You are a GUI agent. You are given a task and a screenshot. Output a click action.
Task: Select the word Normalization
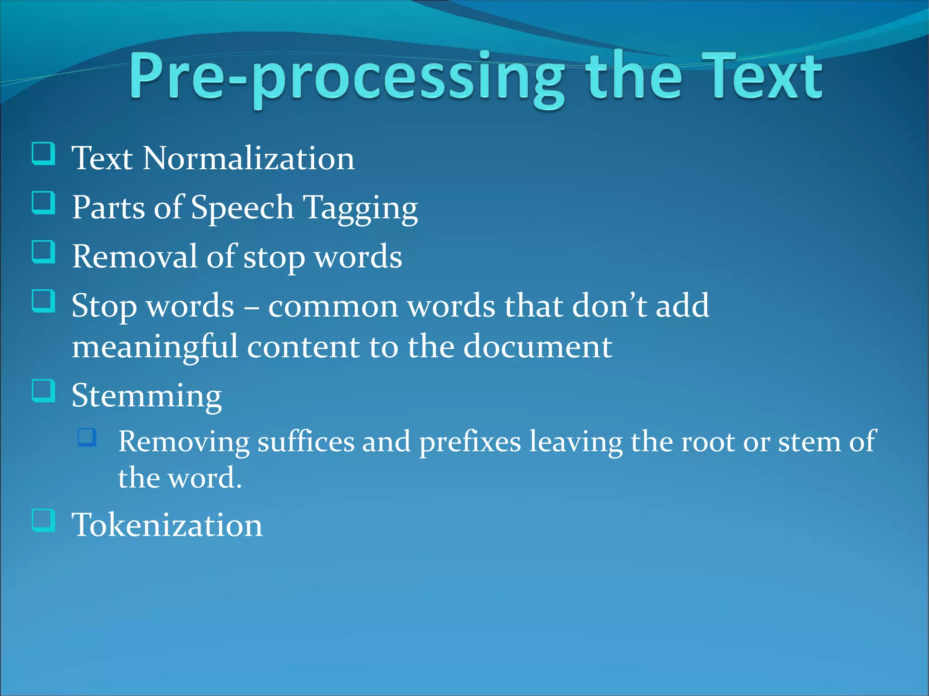pyautogui.click(x=248, y=159)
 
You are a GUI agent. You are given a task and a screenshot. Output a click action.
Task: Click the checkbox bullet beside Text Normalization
pyautogui.click(x=44, y=154)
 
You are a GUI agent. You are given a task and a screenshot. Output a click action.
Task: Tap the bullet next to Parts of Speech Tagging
pyautogui.click(x=44, y=203)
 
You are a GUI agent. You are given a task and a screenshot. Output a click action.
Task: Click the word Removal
pyautogui.click(x=135, y=257)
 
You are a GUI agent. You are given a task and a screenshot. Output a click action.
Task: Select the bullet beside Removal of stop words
pyautogui.click(x=44, y=252)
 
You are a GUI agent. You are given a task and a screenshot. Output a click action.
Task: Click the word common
pyautogui.click(x=333, y=307)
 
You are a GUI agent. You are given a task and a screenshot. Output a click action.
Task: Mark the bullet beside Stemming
pyautogui.click(x=44, y=391)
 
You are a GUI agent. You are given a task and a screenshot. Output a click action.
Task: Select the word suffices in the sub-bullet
pyautogui.click(x=306, y=442)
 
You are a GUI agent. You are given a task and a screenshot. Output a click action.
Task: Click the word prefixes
pyautogui.click(x=470, y=442)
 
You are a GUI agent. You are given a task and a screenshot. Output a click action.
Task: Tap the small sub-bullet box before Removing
pyautogui.click(x=87, y=437)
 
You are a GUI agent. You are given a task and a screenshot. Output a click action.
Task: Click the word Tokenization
pyautogui.click(x=167, y=525)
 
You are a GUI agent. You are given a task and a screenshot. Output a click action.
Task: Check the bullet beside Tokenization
pyautogui.click(x=44, y=520)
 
